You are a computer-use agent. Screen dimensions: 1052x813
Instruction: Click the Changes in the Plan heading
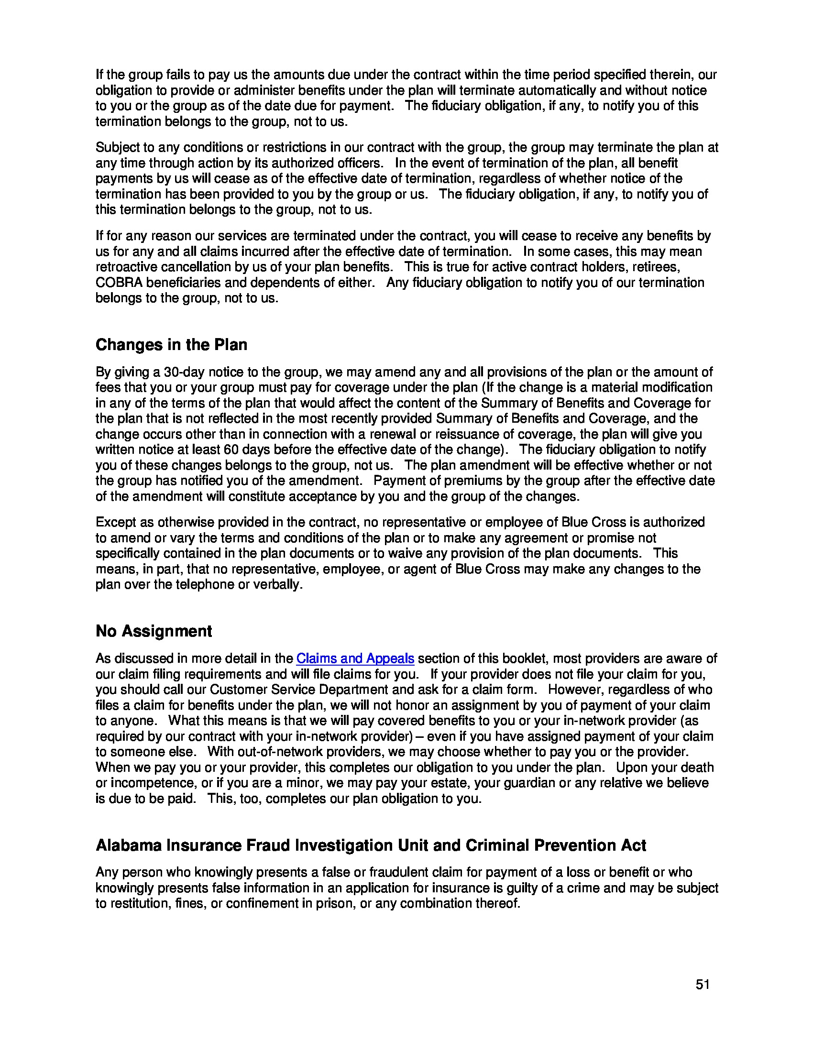tap(171, 345)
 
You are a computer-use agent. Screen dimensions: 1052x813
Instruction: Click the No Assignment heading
tap(154, 631)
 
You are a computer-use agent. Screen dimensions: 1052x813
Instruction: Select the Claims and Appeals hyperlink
tap(355, 658)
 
